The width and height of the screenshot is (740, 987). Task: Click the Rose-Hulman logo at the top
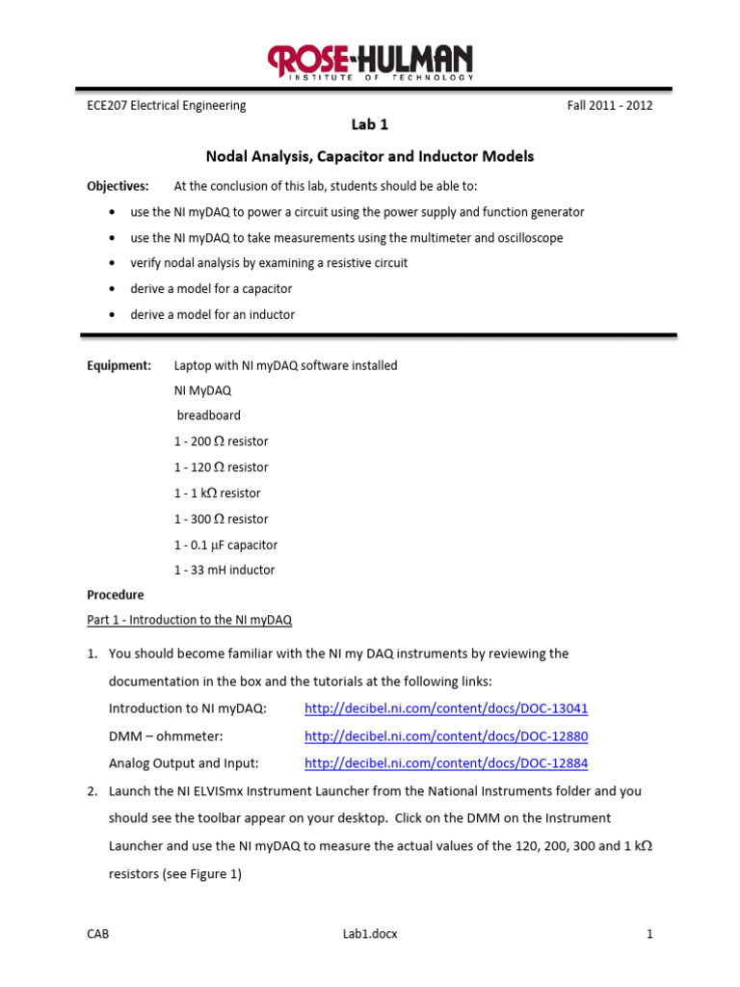[x=370, y=63]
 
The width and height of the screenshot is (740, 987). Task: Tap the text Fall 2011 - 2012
[x=609, y=106]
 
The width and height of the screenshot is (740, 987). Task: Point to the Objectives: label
[x=118, y=186]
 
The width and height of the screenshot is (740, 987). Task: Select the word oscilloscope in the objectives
[x=526, y=237]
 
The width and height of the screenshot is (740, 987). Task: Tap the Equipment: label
[x=119, y=365]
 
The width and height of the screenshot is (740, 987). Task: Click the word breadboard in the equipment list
[x=209, y=415]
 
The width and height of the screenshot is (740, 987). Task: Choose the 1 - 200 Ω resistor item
[x=221, y=441]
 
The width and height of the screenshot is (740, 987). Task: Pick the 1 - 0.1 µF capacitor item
[x=225, y=545]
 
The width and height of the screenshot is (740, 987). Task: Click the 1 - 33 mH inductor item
[x=224, y=570]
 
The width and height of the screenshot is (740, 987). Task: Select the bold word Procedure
[x=116, y=595]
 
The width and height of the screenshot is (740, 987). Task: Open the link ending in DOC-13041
[x=445, y=708]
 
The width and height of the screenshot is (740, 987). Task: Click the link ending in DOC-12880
[x=445, y=736]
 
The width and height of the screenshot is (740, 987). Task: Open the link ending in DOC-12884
[x=445, y=763]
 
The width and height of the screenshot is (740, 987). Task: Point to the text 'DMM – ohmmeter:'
[x=166, y=736]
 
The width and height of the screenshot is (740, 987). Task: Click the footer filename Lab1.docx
[x=369, y=934]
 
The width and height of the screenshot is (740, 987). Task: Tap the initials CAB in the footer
[x=98, y=934]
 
